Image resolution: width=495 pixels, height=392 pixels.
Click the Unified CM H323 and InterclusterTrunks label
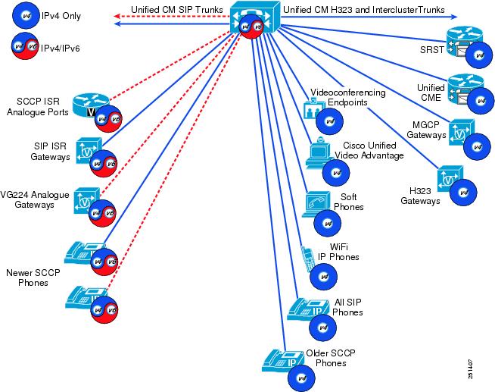click(365, 9)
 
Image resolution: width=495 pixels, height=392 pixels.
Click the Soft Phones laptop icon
click(316, 202)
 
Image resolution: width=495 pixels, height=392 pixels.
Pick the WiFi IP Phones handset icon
click(307, 258)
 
